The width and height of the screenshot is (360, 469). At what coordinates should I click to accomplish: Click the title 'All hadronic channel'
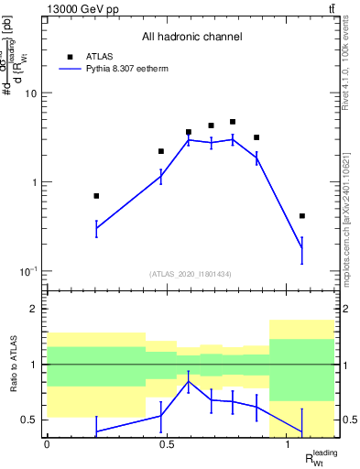[x=191, y=38]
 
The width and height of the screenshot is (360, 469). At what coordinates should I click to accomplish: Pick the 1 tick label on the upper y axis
[x=34, y=182]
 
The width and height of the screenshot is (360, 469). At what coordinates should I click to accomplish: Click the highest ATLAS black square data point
[x=233, y=122]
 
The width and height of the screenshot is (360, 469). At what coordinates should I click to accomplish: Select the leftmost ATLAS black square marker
[x=96, y=196]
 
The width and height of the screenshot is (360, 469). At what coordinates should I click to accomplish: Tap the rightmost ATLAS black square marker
[x=302, y=216]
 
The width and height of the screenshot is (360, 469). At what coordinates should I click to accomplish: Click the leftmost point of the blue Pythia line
[x=96, y=229]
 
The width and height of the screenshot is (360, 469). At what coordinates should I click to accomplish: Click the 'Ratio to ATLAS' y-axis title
[x=14, y=365]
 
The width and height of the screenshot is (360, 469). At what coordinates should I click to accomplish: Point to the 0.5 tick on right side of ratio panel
[x=345, y=420]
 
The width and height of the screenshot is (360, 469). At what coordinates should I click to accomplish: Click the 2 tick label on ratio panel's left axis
[x=35, y=309]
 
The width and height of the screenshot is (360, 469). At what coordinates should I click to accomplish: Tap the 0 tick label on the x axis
[x=47, y=444]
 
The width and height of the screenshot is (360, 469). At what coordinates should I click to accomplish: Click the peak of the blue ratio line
[x=189, y=381]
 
